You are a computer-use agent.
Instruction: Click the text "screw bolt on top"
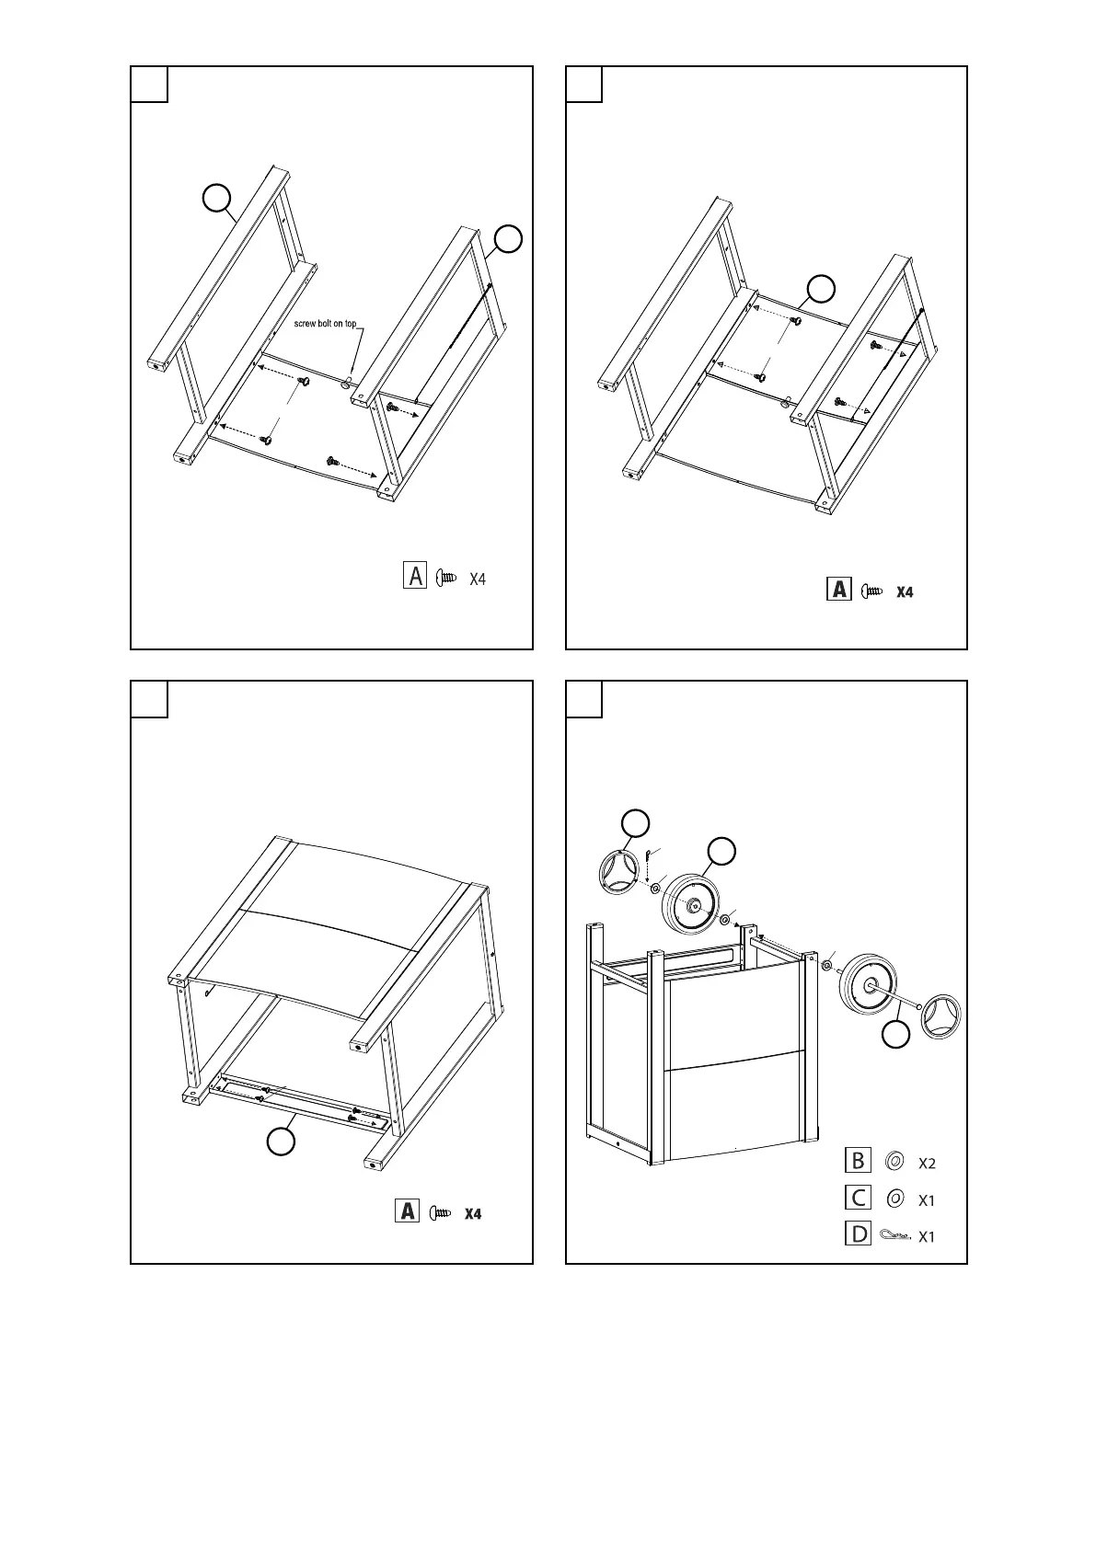[325, 325]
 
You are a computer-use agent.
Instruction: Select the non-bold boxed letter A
[415, 576]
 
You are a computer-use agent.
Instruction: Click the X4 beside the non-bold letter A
[478, 579]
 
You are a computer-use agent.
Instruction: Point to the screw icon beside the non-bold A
[446, 578]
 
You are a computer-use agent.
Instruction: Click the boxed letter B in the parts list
[858, 1161]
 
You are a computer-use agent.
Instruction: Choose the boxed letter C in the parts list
[858, 1198]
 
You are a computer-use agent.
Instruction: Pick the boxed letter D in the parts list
[858, 1233]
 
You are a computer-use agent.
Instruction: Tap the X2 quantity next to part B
[927, 1164]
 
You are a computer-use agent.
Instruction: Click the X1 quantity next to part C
[927, 1200]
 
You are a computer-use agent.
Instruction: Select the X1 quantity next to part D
[927, 1237]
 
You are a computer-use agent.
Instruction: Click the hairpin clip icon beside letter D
[893, 1234]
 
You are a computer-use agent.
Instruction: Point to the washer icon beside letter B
[892, 1162]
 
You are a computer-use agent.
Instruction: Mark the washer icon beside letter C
[892, 1199]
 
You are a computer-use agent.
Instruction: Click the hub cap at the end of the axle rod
[944, 1017]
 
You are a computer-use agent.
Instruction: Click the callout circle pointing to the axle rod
[895, 1035]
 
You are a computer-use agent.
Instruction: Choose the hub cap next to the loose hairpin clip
[617, 873]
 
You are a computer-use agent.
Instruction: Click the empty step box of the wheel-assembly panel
[583, 699]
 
